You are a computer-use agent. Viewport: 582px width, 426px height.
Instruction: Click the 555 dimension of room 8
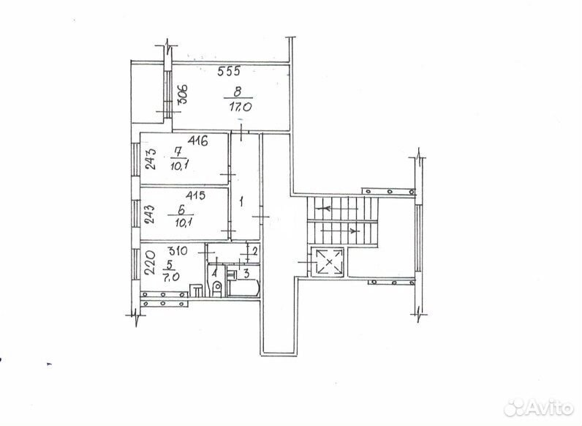click(x=229, y=70)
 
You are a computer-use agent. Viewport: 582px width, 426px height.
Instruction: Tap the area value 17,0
click(x=241, y=107)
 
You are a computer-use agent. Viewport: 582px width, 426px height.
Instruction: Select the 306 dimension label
click(x=184, y=95)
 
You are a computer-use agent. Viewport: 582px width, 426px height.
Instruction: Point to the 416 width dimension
click(x=198, y=141)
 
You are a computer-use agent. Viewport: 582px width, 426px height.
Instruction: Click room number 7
click(x=178, y=152)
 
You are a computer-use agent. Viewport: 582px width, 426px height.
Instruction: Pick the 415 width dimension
click(x=196, y=195)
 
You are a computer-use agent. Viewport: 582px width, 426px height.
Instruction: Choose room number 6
click(x=181, y=210)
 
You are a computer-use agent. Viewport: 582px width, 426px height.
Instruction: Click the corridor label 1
click(x=241, y=203)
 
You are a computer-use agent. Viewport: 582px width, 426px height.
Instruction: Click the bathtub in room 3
click(x=243, y=287)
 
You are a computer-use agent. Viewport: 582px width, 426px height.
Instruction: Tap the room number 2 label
click(x=255, y=251)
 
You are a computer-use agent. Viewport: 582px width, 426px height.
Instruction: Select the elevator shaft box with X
click(x=328, y=262)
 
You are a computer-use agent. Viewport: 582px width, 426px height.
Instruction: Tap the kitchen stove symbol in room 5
click(x=196, y=291)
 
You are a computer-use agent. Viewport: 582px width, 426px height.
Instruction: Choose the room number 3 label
click(x=246, y=274)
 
